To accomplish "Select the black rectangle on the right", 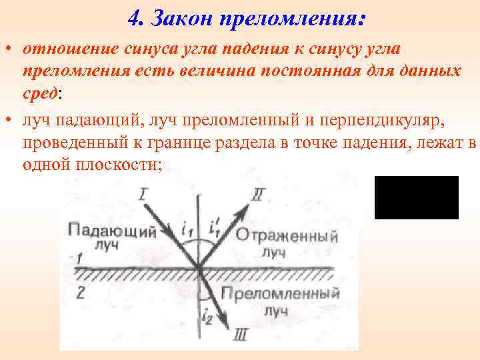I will point(416,197).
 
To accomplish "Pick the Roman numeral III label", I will point(241,335).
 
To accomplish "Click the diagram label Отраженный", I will point(287,237).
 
